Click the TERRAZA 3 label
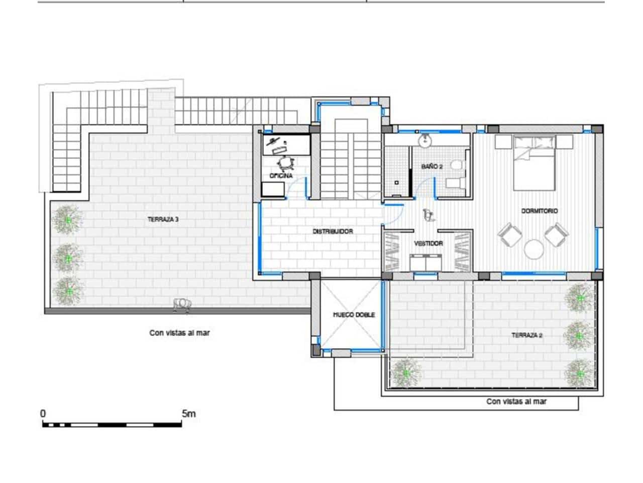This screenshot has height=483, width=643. [163, 219]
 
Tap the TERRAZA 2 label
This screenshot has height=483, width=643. [527, 335]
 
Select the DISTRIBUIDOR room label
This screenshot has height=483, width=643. [333, 231]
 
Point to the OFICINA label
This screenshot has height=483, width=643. [281, 176]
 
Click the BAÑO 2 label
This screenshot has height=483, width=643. [432, 166]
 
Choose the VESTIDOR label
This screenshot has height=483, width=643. [428, 244]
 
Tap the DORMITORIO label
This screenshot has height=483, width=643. [539, 211]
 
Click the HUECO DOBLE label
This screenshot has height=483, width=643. [354, 315]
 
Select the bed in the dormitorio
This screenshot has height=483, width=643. [534, 162]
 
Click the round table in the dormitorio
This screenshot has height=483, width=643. [534, 249]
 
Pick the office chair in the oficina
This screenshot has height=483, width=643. [285, 163]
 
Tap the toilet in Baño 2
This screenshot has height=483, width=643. [456, 165]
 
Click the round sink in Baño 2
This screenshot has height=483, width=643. [425, 140]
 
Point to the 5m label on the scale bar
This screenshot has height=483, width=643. [189, 414]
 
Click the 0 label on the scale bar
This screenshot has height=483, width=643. [43, 414]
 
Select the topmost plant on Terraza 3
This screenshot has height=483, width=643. [68, 219]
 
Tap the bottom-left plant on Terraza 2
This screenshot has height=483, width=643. [405, 373]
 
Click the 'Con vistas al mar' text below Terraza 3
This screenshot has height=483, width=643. [179, 333]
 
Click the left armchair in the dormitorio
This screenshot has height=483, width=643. [509, 234]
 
